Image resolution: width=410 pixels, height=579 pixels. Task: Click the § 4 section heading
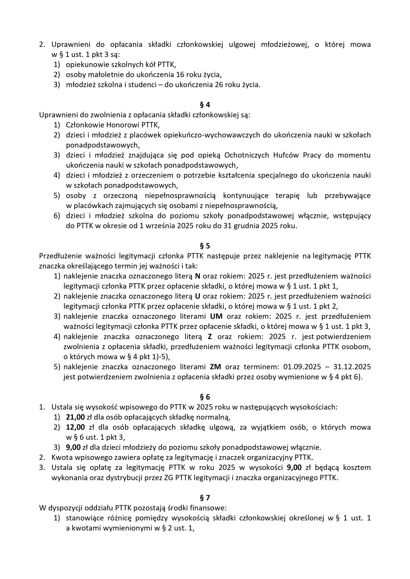[205, 105]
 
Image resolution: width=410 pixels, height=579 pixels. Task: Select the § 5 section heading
[205, 246]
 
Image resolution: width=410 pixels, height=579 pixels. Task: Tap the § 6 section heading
[205, 397]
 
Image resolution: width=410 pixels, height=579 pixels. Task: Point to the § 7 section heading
[205, 498]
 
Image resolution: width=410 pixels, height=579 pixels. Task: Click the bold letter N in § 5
[198, 276]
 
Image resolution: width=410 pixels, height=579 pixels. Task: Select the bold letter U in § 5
[198, 296]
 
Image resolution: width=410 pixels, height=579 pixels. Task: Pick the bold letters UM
[217, 316]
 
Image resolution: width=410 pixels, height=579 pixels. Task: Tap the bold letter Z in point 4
[210, 337]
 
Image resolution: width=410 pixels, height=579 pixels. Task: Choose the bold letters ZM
[215, 367]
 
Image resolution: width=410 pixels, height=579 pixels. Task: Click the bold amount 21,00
[75, 417]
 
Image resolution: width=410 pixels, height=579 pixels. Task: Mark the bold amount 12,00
[75, 427]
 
